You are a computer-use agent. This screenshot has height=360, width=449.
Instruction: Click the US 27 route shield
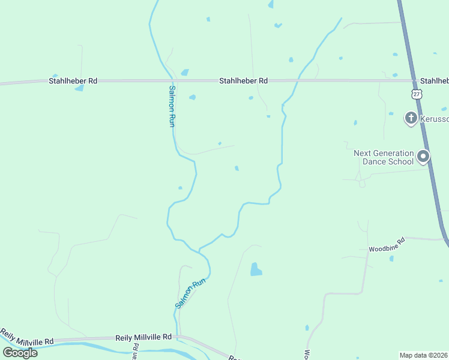pyautogui.click(x=417, y=94)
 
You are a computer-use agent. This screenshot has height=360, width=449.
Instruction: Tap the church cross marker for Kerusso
pyautogui.click(x=411, y=118)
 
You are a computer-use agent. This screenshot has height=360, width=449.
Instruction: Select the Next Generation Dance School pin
pyautogui.click(x=423, y=157)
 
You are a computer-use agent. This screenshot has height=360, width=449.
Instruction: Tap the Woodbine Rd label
pyautogui.click(x=387, y=244)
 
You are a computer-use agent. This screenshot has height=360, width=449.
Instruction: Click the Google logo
pyautogui.click(x=20, y=353)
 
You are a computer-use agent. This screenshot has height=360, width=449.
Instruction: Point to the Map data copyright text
pyautogui.click(x=424, y=355)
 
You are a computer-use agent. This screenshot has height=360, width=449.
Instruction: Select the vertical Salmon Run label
pyautogui.click(x=171, y=106)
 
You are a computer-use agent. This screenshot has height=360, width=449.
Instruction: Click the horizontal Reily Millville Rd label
pyautogui.click(x=143, y=337)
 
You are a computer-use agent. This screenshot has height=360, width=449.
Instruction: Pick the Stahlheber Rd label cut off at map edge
pyautogui.click(x=434, y=80)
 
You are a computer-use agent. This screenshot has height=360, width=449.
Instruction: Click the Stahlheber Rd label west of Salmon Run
pyautogui.click(x=73, y=80)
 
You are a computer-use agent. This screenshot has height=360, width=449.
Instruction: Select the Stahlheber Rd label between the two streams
pyautogui.click(x=243, y=80)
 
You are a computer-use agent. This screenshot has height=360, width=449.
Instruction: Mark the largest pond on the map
pyautogui.click(x=256, y=269)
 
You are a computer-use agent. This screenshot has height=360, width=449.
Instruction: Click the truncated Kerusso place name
pyautogui.click(x=433, y=119)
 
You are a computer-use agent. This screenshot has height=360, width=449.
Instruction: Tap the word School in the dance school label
pyautogui.click(x=400, y=161)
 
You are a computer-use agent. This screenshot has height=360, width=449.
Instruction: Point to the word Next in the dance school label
pyautogui.click(x=363, y=153)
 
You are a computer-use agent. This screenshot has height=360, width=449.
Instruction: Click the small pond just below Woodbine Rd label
pyautogui.click(x=391, y=259)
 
